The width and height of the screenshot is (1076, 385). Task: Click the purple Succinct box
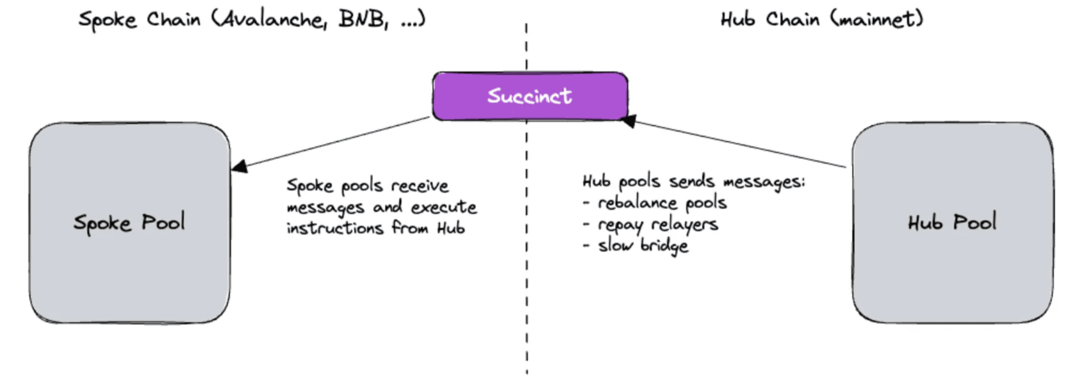tap(530, 96)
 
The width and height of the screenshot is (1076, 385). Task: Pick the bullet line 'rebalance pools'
tap(662, 203)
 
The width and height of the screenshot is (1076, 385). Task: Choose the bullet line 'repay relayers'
tap(658, 225)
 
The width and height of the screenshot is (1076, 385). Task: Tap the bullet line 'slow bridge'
tap(643, 246)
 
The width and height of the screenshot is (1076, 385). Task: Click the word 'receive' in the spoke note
tap(420, 186)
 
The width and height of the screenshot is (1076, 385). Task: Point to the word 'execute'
tap(444, 207)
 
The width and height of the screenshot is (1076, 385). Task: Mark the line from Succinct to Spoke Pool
tap(334, 142)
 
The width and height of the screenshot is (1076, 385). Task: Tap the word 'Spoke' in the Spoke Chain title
tap(108, 20)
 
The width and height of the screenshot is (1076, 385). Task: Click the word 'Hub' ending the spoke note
tap(451, 228)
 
